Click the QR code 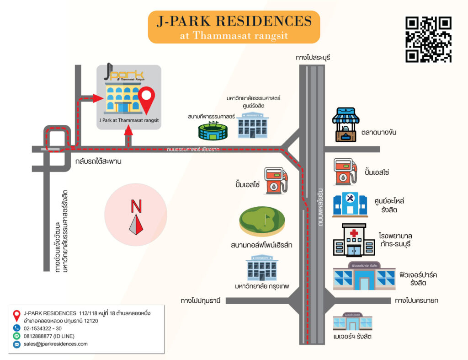tap(428, 39)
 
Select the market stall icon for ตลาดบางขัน tap(346, 124)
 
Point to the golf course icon tap(262, 221)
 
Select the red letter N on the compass tap(136, 207)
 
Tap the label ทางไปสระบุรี tap(313, 58)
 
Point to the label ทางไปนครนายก tap(416, 301)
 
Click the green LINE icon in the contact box tap(17, 336)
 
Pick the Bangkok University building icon tap(261, 268)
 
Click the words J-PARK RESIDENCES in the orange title tap(234, 21)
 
